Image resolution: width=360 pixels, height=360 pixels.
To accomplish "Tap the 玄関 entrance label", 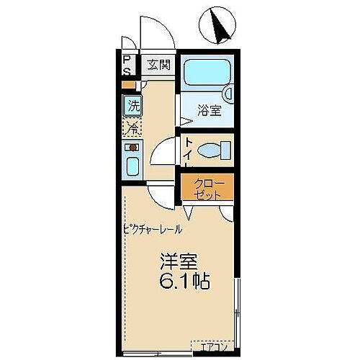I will point(158,66).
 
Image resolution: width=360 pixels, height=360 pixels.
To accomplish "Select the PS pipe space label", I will point(127,66).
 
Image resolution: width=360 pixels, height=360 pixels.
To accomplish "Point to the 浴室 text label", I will point(209,112).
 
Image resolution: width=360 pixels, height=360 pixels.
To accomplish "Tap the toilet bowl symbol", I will point(209,152).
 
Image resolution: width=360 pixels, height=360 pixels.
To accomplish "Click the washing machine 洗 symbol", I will point(133,105).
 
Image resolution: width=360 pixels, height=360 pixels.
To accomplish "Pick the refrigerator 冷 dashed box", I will point(133,128).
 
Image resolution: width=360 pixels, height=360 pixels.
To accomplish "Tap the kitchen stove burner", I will point(132,148).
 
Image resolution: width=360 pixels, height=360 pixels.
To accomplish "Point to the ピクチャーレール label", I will point(152,230).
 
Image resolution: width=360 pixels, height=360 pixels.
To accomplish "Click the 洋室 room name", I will point(178,260).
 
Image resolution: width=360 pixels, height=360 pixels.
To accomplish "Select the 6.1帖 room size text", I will point(181,282).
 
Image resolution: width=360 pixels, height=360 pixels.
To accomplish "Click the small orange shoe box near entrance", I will point(127,85).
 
